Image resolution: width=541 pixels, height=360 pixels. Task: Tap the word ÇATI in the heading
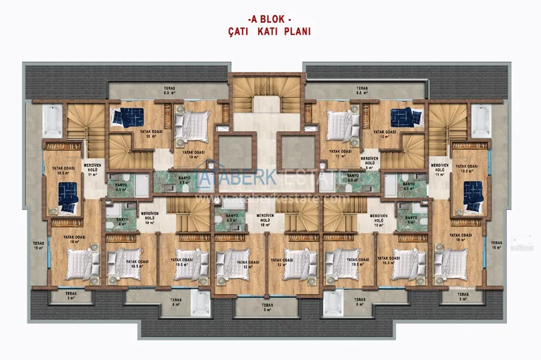(x=240, y=31)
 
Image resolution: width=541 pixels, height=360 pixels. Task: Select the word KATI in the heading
(x=270, y=31)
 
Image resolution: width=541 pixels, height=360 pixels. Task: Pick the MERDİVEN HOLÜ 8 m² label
(x=369, y=163)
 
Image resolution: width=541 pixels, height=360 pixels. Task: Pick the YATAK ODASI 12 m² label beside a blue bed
(x=150, y=134)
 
